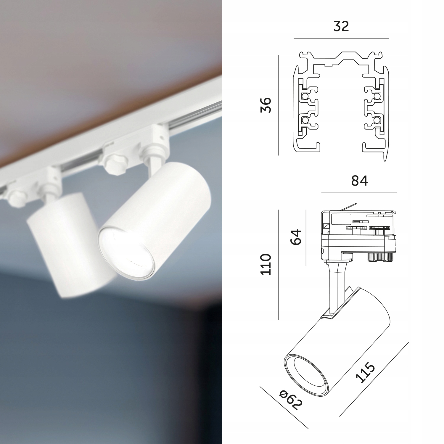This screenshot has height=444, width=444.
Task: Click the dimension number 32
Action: click(x=341, y=27)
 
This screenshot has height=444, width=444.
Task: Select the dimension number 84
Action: click(x=359, y=181)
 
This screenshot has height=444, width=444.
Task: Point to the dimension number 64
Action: click(x=295, y=237)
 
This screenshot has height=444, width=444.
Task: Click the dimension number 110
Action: click(x=266, y=264)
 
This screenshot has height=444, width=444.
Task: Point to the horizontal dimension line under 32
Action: click(x=341, y=38)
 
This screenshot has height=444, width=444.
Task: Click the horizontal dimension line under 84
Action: click(x=359, y=193)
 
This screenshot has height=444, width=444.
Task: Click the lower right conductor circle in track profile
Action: click(x=377, y=120)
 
